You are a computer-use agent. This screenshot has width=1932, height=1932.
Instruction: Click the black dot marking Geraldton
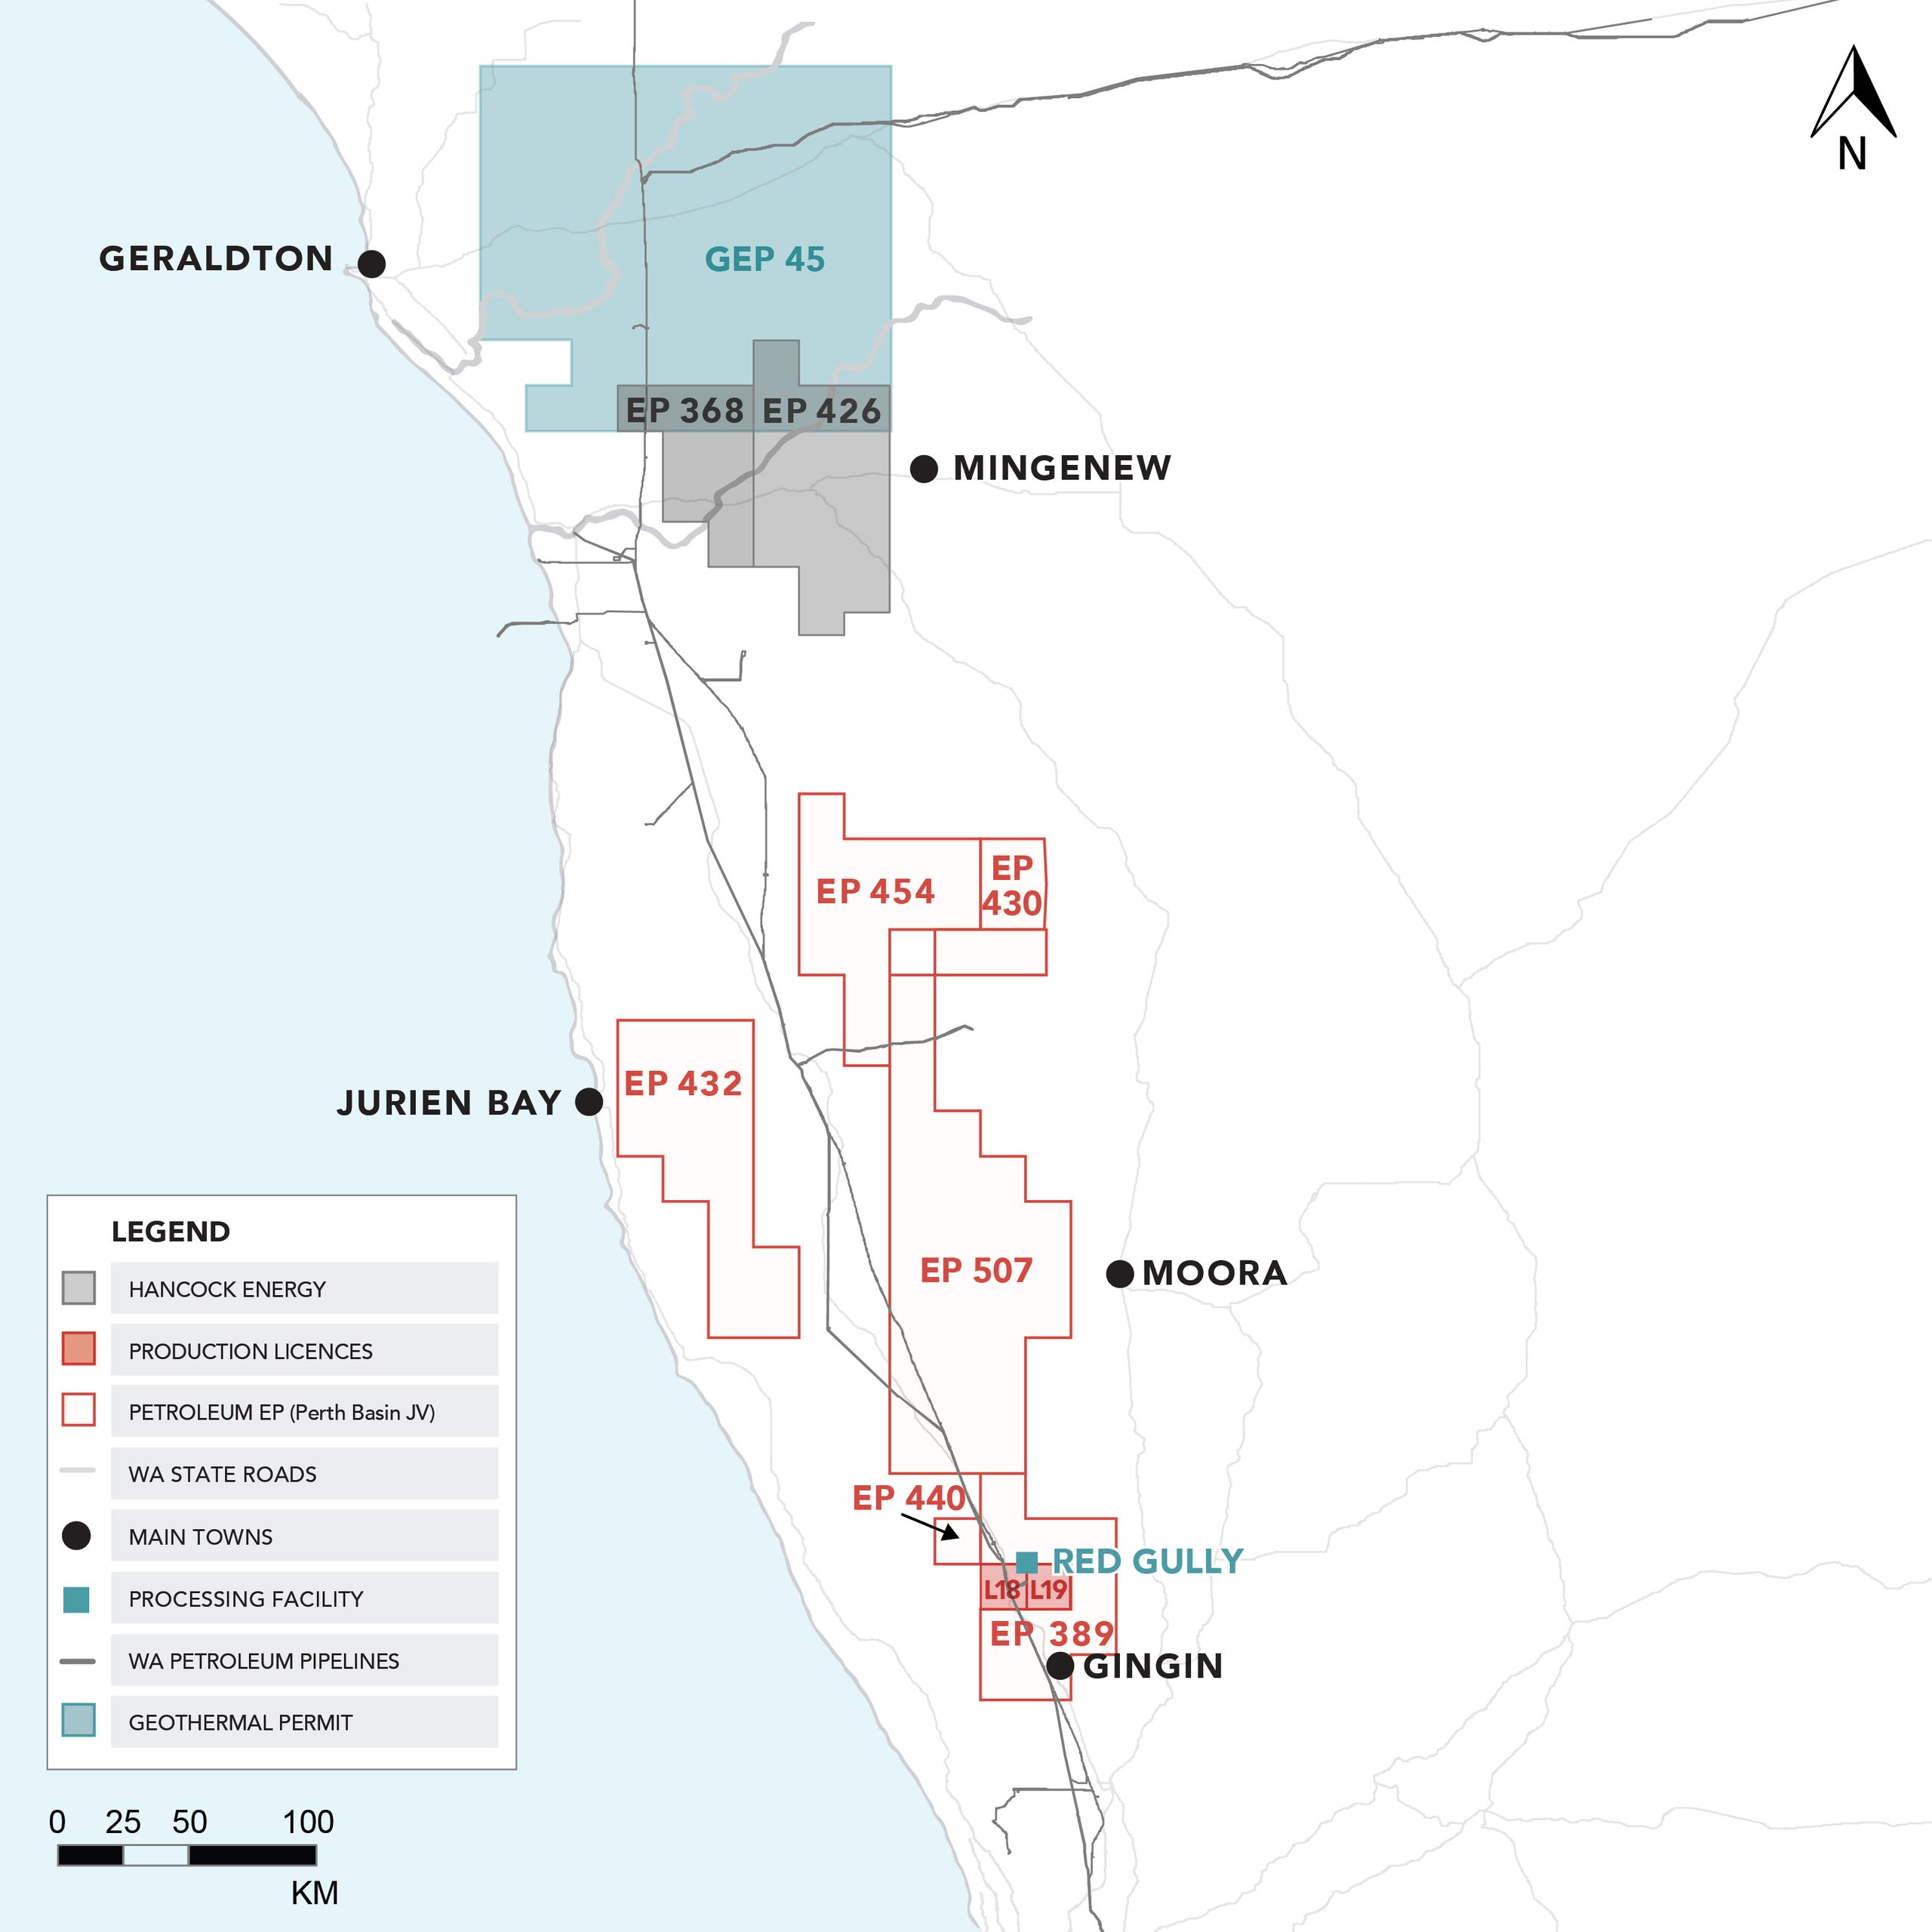click(x=371, y=264)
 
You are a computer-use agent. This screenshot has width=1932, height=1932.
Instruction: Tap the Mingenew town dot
click(x=924, y=468)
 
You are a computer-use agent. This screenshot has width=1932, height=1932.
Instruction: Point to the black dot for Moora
click(x=1120, y=1274)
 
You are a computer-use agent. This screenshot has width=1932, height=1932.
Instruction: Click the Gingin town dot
click(x=1060, y=1666)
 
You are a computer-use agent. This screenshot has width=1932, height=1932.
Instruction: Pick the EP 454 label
click(x=875, y=891)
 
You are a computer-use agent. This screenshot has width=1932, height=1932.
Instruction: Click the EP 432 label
click(x=683, y=1083)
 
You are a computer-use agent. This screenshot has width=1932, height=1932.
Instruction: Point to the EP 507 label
click(x=976, y=1271)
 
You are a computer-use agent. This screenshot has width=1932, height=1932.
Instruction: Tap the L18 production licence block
click(x=1002, y=1589)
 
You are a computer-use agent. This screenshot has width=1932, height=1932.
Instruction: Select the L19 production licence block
click(x=1049, y=1589)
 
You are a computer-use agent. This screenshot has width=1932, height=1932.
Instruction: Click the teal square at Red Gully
click(x=1026, y=1562)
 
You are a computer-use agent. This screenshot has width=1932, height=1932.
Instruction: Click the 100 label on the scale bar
click(x=308, y=1822)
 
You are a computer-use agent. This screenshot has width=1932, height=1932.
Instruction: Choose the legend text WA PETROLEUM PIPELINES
click(x=264, y=1661)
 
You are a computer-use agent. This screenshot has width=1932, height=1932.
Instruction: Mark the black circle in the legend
click(x=77, y=1536)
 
